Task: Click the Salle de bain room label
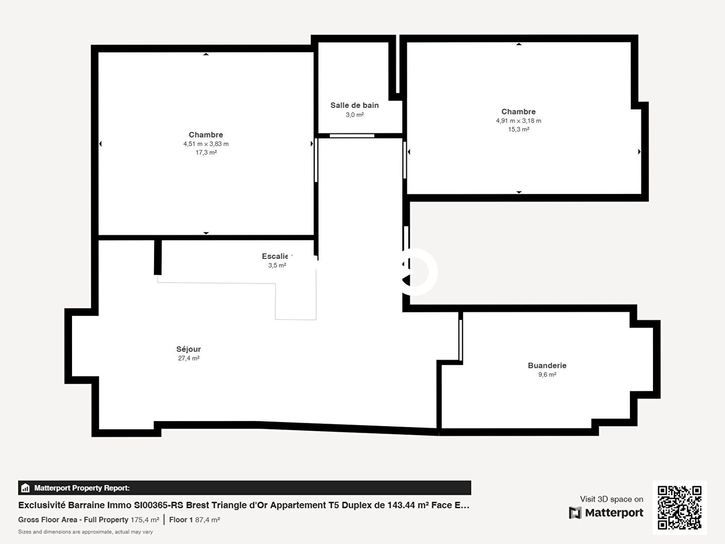[354, 105]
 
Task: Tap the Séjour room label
[189, 349]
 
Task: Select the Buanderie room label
[547, 366]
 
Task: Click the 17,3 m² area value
[206, 153]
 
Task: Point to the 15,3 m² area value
[519, 129]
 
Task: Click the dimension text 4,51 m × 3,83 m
[206, 144]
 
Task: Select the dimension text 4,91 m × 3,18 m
[519, 121]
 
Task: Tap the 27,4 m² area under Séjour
[189, 359]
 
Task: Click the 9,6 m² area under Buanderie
[547, 375]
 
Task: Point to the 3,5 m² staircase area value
[277, 265]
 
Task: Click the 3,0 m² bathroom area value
[354, 115]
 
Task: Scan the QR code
[679, 507]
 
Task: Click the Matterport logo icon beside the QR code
[575, 513]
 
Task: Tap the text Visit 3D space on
[611, 499]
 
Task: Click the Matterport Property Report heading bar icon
[25, 488]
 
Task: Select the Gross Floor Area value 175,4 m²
[144, 520]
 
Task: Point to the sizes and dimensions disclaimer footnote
[86, 532]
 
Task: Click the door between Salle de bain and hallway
[352, 135]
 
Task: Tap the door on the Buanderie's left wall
[461, 340]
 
